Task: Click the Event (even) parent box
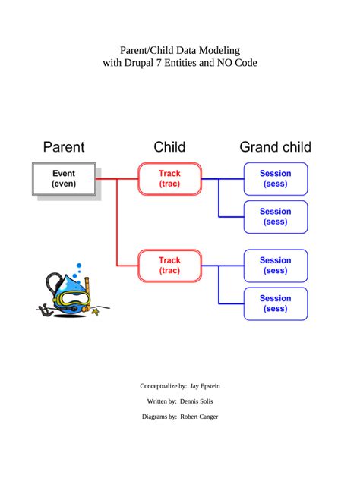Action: [x=64, y=179]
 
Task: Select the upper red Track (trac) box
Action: [x=169, y=179]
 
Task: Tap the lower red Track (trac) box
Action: [x=169, y=266]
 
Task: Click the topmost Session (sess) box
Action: [x=275, y=179]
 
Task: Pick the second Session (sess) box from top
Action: [x=275, y=217]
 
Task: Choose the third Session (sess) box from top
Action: [x=275, y=266]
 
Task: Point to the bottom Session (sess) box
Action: [x=275, y=303]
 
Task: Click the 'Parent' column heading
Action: [x=64, y=147]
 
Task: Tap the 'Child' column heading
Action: [x=169, y=147]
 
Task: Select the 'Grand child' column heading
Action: [x=275, y=147]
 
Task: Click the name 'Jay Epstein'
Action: [x=205, y=386]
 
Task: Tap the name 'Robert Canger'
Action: [x=199, y=417]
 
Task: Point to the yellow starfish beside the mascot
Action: [x=96, y=310]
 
